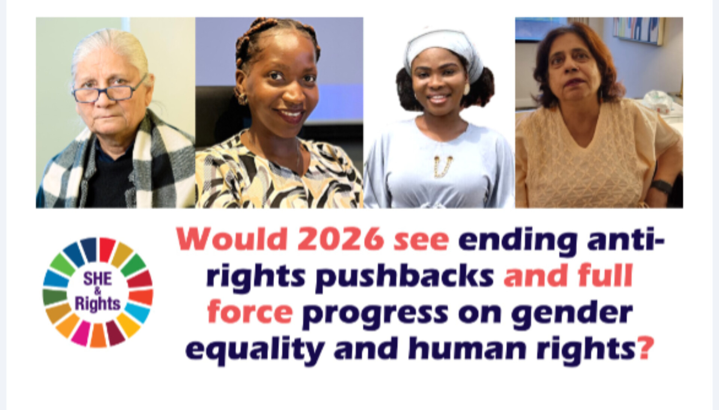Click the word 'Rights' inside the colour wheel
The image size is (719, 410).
click(97, 304)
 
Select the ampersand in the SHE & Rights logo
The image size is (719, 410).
click(97, 291)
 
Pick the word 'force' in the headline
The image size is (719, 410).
click(250, 313)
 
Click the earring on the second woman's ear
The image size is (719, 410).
click(242, 99)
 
